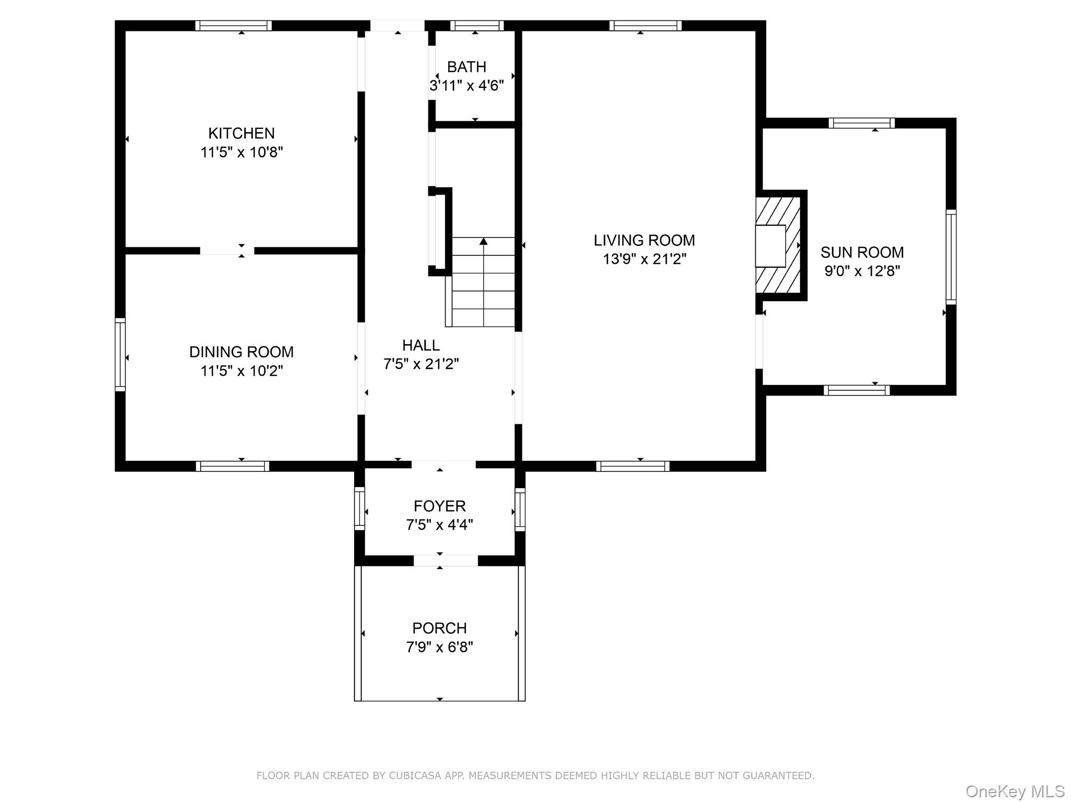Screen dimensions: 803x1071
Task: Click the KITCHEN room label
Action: [x=241, y=133]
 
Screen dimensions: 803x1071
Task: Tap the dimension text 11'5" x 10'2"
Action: [x=241, y=371]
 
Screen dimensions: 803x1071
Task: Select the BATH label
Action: [x=466, y=67]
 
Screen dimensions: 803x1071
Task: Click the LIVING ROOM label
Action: [x=644, y=240]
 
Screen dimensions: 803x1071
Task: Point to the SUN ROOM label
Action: [x=862, y=252]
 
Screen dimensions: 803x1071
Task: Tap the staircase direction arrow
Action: [x=483, y=242]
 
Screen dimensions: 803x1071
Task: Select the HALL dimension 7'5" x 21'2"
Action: [x=421, y=364]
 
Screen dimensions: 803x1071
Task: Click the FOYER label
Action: [x=439, y=506]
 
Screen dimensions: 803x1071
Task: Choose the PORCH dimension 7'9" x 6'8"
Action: [x=439, y=647]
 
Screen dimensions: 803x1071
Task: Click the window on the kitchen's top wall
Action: [x=233, y=26]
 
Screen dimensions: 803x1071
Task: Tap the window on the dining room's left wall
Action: [x=120, y=354]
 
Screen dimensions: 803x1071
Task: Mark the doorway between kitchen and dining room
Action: [x=227, y=251]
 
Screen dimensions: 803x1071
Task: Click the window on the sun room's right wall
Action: [x=951, y=256]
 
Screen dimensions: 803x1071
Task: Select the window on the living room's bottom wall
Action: [x=632, y=466]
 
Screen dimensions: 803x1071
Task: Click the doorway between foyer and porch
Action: [x=446, y=561]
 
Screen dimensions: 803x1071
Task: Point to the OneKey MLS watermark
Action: [x=1015, y=791]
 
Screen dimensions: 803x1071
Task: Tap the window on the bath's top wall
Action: [x=476, y=26]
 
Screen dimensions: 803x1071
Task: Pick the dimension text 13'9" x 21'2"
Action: [x=644, y=259]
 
